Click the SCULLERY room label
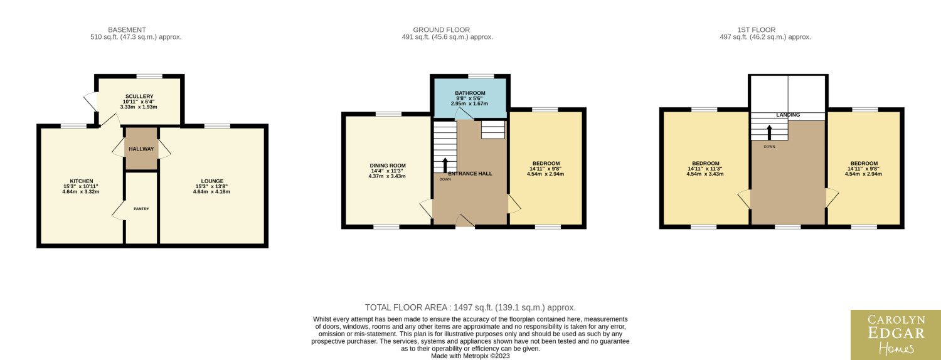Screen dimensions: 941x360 point(139,96)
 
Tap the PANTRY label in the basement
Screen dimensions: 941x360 point(141,209)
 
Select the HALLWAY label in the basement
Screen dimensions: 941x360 point(141,149)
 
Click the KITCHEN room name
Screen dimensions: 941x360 point(82,181)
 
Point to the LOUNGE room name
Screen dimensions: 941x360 point(212,181)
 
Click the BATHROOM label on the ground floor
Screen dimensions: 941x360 point(470,93)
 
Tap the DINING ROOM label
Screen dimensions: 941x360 point(388,166)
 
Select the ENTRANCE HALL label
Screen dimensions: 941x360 point(470,174)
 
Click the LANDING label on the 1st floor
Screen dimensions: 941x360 point(788,115)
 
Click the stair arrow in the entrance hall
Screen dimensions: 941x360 point(445,165)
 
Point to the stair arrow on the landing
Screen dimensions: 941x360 point(770,132)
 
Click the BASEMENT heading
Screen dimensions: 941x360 point(127,30)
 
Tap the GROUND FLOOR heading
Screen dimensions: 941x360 point(442,30)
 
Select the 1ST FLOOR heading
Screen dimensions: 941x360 point(756,30)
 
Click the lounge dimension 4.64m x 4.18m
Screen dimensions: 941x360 point(212,191)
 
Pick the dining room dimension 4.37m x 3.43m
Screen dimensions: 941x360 point(387,176)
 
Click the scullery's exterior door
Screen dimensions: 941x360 point(91,101)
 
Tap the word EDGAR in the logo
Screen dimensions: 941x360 point(896,333)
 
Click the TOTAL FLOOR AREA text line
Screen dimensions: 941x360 point(470,307)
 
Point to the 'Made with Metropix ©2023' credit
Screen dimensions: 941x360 point(470,356)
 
